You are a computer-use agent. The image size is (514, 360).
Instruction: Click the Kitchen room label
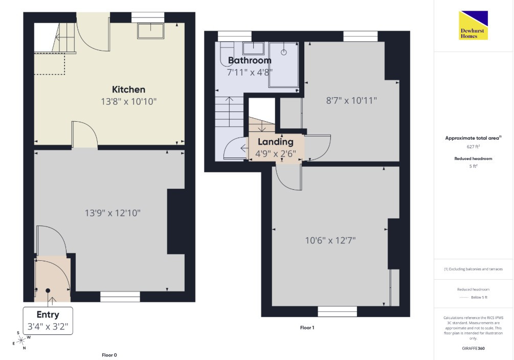pos(128,89)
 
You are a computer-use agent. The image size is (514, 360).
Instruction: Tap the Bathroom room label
pos(250,60)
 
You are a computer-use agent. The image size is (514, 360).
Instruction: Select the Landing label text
pos(275,142)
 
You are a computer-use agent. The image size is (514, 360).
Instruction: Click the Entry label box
pos(48,321)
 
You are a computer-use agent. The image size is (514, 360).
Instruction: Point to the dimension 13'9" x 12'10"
pos(113,213)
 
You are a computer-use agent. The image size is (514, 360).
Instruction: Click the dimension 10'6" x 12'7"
pos(330,241)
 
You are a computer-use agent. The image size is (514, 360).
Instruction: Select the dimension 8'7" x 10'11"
pos(351,100)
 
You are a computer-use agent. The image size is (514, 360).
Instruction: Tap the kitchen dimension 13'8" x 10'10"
pos(128,102)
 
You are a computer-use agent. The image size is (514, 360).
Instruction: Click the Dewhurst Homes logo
pos(473,25)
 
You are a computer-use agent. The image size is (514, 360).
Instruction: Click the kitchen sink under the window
pos(151,31)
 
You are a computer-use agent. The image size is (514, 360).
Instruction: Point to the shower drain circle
pos(284,52)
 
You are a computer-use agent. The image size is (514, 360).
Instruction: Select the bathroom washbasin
pos(253,49)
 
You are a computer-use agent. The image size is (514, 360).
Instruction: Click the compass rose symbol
pos(21,341)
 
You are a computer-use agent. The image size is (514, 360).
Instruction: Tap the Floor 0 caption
pos(109,355)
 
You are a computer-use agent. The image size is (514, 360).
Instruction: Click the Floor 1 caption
pos(307,328)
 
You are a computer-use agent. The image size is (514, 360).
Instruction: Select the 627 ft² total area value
pos(473,147)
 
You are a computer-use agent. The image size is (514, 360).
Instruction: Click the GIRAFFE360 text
pos(474,348)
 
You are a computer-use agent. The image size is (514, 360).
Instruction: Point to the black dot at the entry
pos(48,290)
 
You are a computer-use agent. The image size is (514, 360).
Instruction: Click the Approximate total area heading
pos(473,138)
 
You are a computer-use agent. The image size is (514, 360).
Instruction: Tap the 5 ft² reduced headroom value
pos(473,166)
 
